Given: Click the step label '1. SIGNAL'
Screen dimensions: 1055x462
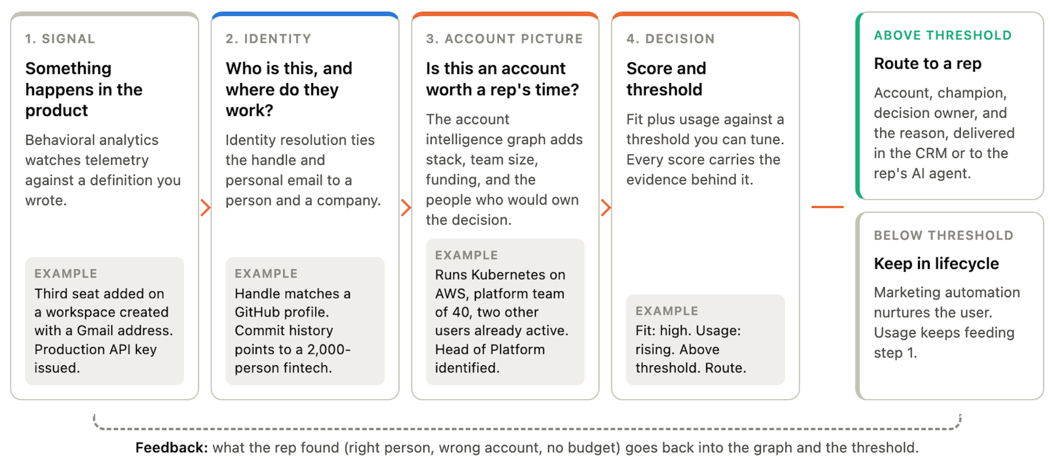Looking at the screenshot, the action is click(60, 39).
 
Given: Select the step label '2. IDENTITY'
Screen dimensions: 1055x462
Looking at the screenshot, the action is click(268, 39).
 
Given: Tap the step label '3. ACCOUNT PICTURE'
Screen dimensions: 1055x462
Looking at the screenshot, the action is click(504, 39).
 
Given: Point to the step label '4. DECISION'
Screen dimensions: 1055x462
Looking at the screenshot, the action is click(671, 39).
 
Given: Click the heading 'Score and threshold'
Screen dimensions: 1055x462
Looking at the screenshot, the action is click(666, 79).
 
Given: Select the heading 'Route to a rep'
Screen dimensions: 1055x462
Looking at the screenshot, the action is click(928, 63).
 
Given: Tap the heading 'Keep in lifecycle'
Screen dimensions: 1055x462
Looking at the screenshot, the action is click(937, 263).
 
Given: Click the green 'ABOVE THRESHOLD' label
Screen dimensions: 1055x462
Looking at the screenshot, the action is click(943, 36).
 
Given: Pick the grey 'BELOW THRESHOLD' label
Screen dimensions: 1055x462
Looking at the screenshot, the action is click(944, 236).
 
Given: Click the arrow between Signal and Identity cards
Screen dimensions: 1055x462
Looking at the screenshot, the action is click(206, 207).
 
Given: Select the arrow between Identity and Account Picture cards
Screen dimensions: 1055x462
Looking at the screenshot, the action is click(406, 207).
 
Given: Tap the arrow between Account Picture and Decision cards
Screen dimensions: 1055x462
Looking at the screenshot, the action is click(606, 207).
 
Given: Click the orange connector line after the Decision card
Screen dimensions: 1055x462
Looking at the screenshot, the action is click(827, 207).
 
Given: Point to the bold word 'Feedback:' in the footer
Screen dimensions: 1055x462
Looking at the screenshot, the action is click(172, 448).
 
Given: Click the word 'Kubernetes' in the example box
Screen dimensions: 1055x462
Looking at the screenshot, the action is click(500, 275).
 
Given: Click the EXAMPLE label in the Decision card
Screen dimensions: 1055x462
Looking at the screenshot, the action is click(667, 311).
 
